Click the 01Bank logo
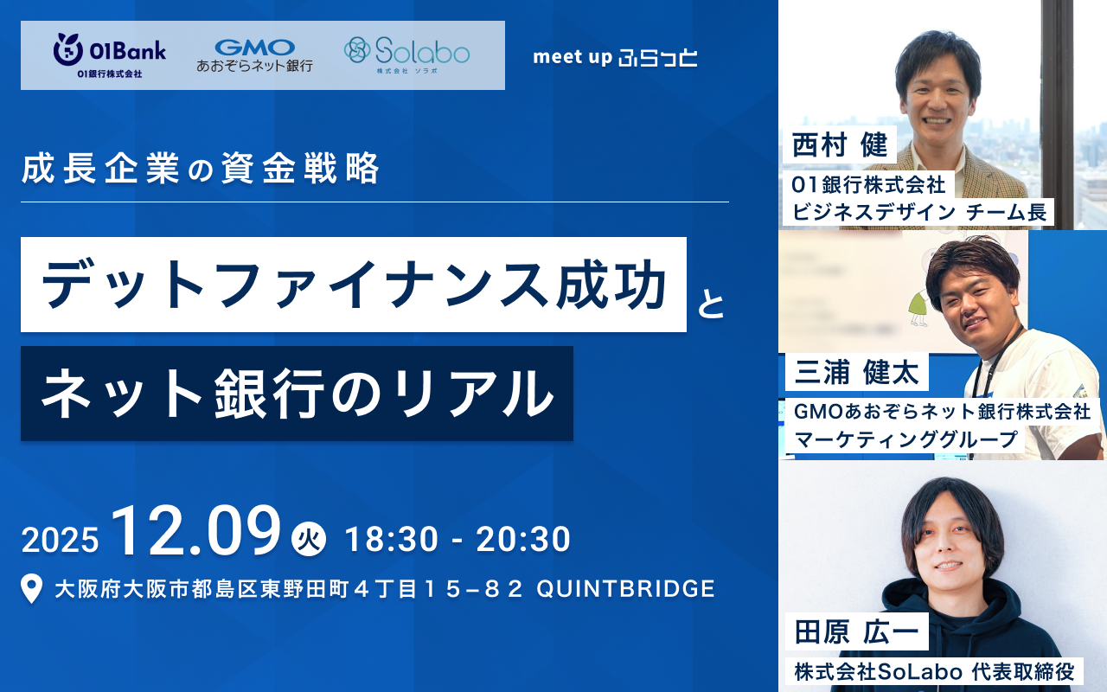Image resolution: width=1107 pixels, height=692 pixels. pyautogui.click(x=110, y=55)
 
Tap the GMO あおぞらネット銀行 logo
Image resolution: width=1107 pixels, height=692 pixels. pyautogui.click(x=254, y=55)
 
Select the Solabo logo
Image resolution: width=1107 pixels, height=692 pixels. pyautogui.click(x=406, y=55)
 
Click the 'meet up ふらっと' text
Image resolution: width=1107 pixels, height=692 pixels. pyautogui.click(x=615, y=57)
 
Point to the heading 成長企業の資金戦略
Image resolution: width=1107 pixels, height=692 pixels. pyautogui.click(x=200, y=169)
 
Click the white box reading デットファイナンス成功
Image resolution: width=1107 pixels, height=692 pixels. pyautogui.click(x=354, y=285)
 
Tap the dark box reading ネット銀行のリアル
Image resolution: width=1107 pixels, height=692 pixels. pyautogui.click(x=297, y=394)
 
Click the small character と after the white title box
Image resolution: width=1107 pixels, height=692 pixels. pyautogui.click(x=711, y=305)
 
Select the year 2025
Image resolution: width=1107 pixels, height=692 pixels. pyautogui.click(x=60, y=539)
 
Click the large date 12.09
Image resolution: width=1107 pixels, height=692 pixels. pyautogui.click(x=196, y=531)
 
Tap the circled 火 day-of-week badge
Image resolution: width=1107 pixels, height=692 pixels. pyautogui.click(x=309, y=539)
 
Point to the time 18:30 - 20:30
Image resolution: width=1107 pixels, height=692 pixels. pyautogui.click(x=458, y=539)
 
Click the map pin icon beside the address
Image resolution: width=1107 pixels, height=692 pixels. pyautogui.click(x=32, y=588)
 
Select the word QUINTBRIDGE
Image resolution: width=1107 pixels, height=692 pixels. pyautogui.click(x=625, y=589)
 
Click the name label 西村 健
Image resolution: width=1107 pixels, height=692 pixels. pyautogui.click(x=840, y=144)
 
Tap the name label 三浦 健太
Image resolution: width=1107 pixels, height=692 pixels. pyautogui.click(x=856, y=372)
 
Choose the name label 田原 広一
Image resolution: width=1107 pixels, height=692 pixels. pyautogui.click(x=856, y=631)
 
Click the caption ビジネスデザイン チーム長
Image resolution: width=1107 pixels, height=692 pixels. pyautogui.click(x=919, y=213)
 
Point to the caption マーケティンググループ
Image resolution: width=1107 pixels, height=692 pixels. pyautogui.click(x=905, y=439)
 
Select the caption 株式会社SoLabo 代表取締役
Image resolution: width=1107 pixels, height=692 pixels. pyautogui.click(x=934, y=671)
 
